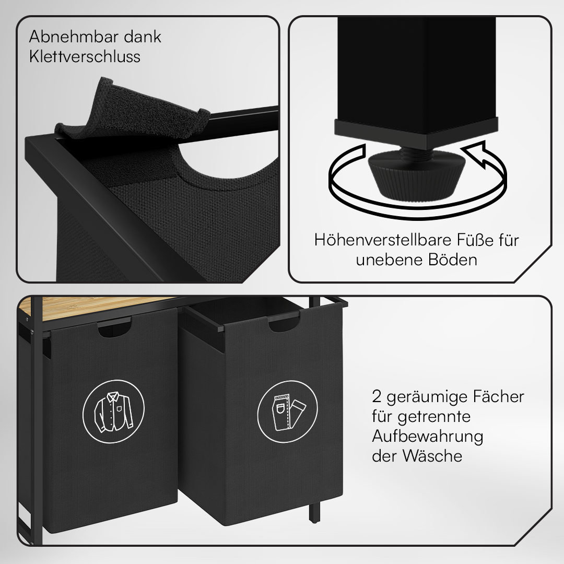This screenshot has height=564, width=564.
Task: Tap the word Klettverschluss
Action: click(85, 57)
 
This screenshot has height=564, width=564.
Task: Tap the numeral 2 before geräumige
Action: click(377, 397)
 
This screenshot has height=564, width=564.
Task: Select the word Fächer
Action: click(498, 397)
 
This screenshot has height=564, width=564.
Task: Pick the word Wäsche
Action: click(432, 456)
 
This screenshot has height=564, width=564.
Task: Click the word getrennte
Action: click(434, 417)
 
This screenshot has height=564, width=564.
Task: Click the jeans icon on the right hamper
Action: click(288, 412)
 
